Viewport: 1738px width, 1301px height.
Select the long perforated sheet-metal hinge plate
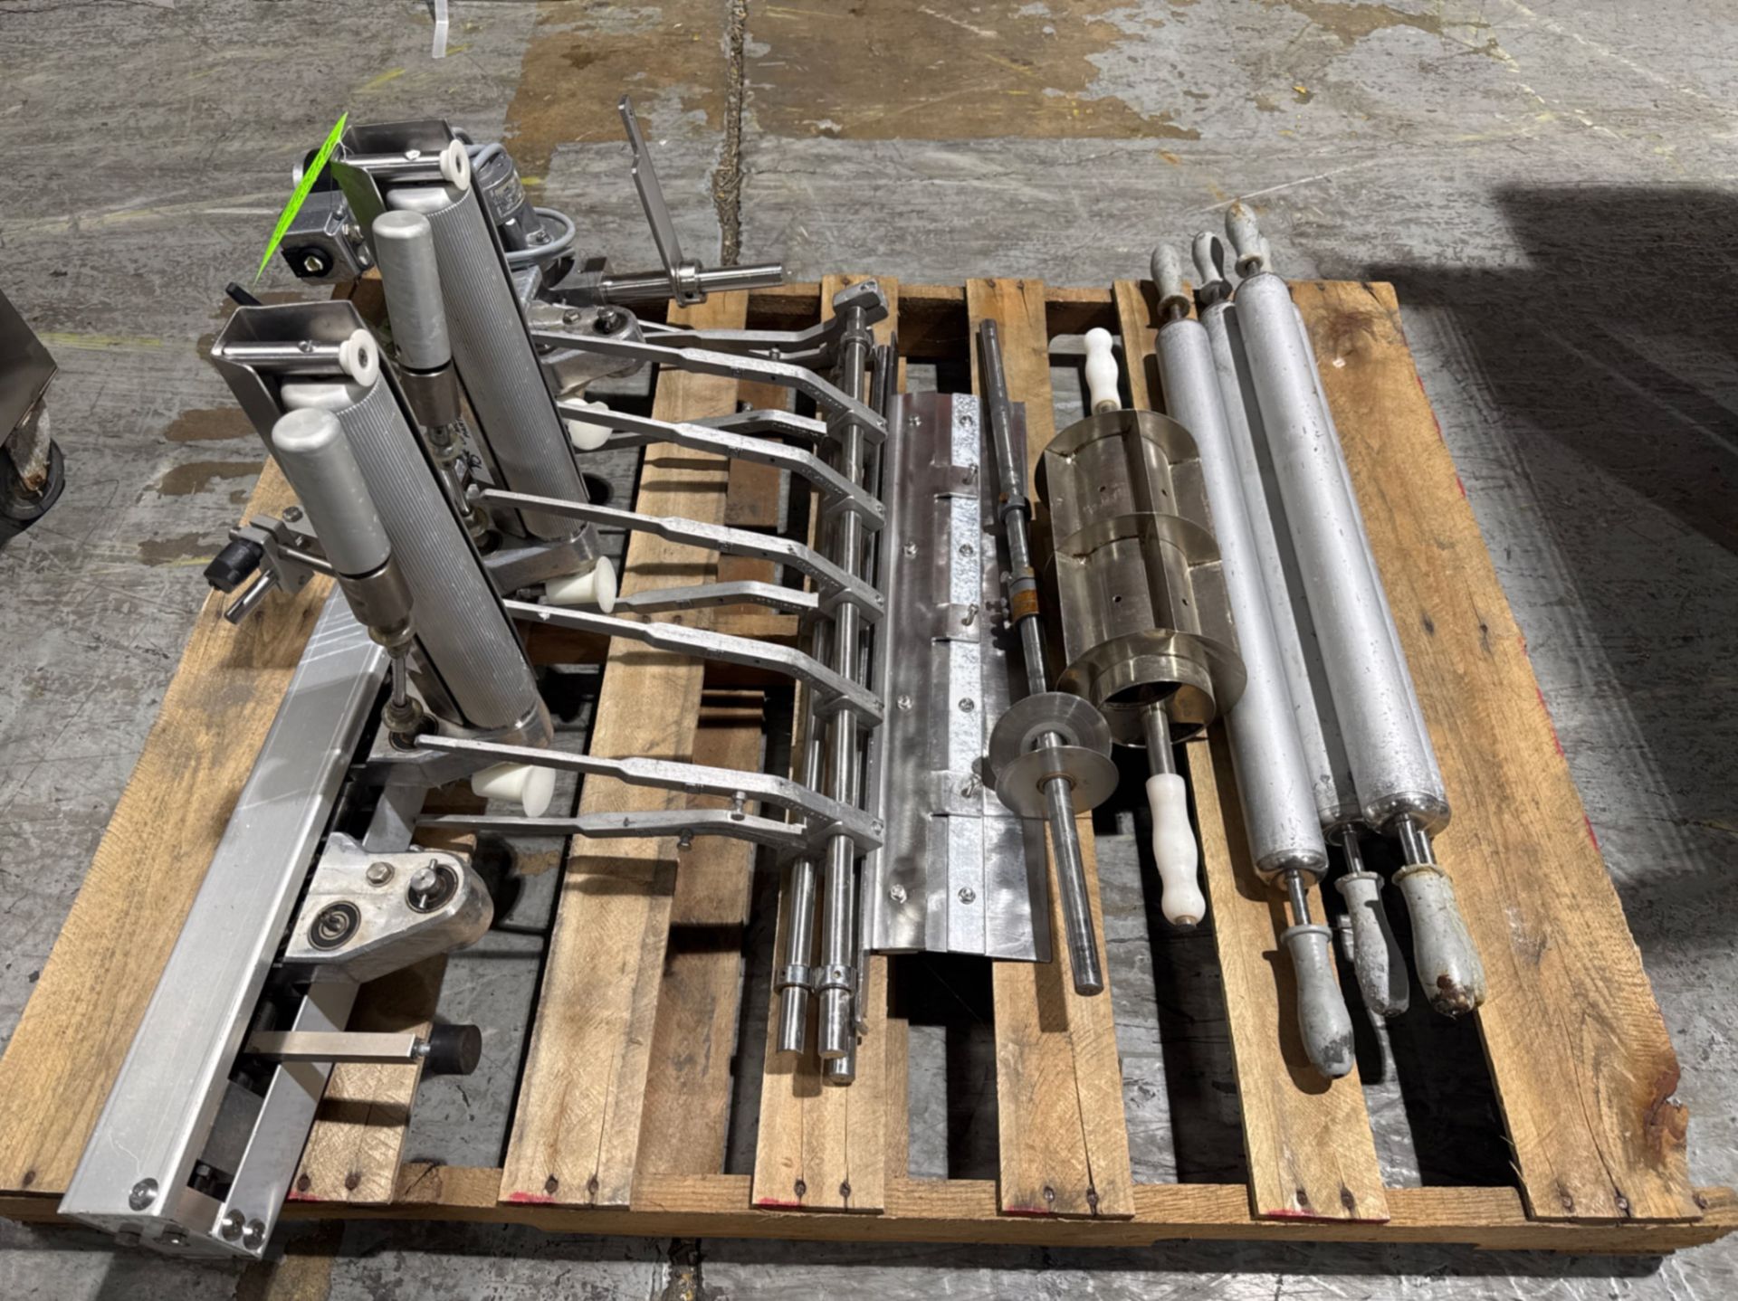point(950,669)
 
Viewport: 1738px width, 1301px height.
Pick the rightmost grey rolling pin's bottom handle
point(1444,941)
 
